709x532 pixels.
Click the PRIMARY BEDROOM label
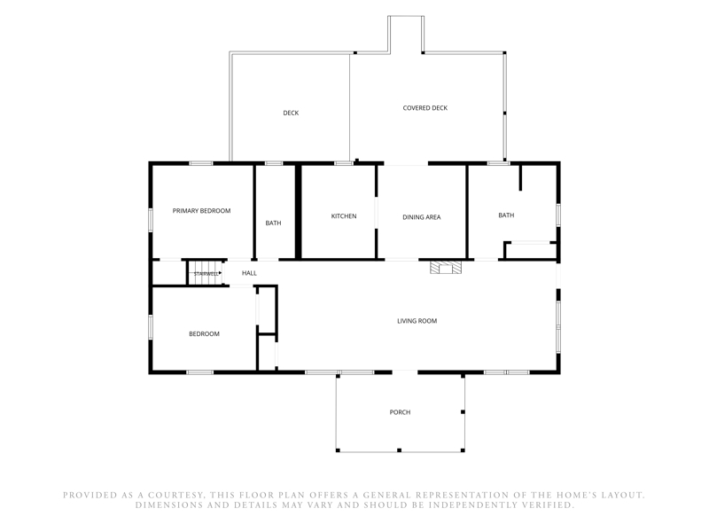(x=202, y=211)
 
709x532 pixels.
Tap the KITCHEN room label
(x=344, y=216)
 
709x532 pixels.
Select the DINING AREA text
(x=422, y=217)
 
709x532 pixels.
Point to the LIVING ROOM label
(x=417, y=321)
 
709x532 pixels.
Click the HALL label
(x=249, y=273)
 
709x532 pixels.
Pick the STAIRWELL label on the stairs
(x=206, y=274)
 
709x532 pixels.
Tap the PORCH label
(x=401, y=412)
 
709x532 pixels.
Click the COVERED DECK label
(x=425, y=108)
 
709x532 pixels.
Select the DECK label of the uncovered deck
(x=291, y=113)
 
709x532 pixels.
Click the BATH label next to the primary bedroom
(x=273, y=223)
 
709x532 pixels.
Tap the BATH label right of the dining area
(x=506, y=215)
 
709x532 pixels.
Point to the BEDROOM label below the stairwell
(x=204, y=334)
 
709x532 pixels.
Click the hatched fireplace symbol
(x=446, y=268)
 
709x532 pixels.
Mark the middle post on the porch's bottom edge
(x=400, y=450)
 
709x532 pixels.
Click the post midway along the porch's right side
(x=463, y=412)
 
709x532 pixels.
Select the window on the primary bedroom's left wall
(x=151, y=220)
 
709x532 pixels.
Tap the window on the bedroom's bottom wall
(x=200, y=372)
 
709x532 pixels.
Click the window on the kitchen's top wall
(x=344, y=163)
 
